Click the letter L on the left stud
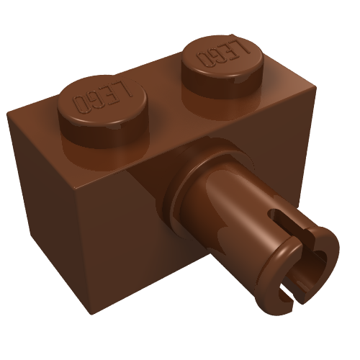[125, 90]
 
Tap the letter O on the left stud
[80, 103]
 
